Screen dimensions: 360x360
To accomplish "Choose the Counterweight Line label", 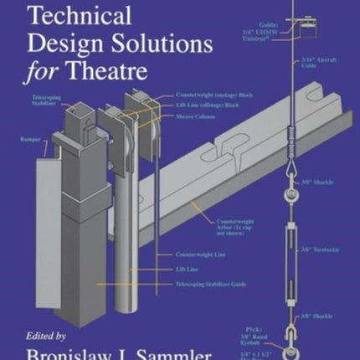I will tap(202, 254).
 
